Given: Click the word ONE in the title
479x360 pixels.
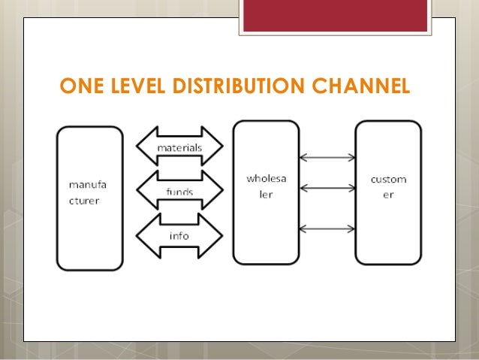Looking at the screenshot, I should (80, 88).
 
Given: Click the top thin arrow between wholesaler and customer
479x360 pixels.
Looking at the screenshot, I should (327, 158).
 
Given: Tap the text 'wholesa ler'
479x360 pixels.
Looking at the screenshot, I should (266, 185).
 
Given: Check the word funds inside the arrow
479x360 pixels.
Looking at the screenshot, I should (179, 192).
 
